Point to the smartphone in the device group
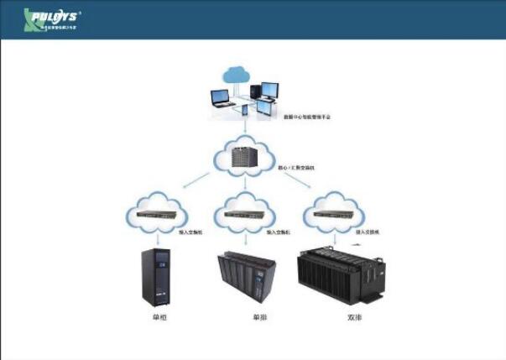[245, 110]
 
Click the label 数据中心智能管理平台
[307, 117]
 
